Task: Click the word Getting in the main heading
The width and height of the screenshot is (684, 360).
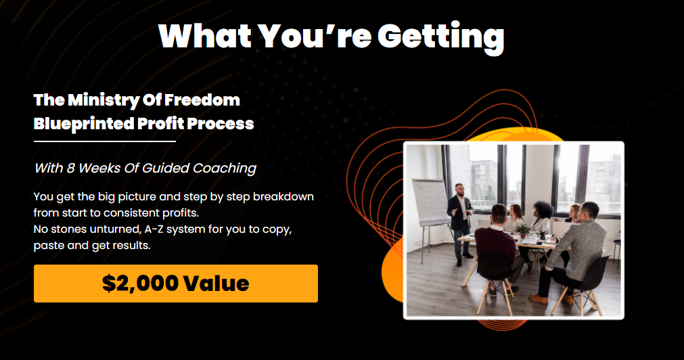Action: tap(440, 37)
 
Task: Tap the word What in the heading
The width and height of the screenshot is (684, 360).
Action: tap(204, 35)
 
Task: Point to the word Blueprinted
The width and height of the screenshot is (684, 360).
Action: tap(84, 124)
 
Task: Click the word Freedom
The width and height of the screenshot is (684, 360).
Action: tap(202, 100)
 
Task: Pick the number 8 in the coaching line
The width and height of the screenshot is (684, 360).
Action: tap(70, 168)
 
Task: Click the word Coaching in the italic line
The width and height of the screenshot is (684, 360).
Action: tap(224, 168)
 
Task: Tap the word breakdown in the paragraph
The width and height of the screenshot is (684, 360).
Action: tap(283, 196)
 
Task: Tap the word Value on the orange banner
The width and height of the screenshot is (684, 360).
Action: tap(216, 284)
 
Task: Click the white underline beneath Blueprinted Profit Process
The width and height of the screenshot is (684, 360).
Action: tap(105, 141)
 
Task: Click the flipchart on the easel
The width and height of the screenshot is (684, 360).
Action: tap(430, 202)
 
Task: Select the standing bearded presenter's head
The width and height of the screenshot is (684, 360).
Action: tap(459, 189)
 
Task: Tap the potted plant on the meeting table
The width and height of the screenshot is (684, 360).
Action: tap(523, 229)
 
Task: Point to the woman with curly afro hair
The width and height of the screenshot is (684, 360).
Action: tap(542, 217)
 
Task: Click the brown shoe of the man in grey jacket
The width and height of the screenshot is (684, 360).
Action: tap(539, 299)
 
